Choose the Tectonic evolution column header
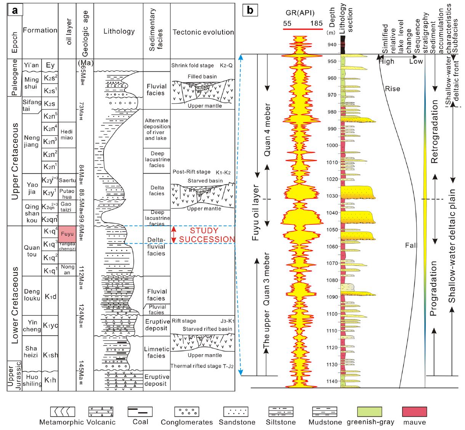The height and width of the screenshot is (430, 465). (203, 32)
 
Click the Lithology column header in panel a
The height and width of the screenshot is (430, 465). (119, 32)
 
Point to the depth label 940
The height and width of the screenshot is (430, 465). (332, 45)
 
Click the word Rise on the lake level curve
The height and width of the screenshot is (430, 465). (393, 89)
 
